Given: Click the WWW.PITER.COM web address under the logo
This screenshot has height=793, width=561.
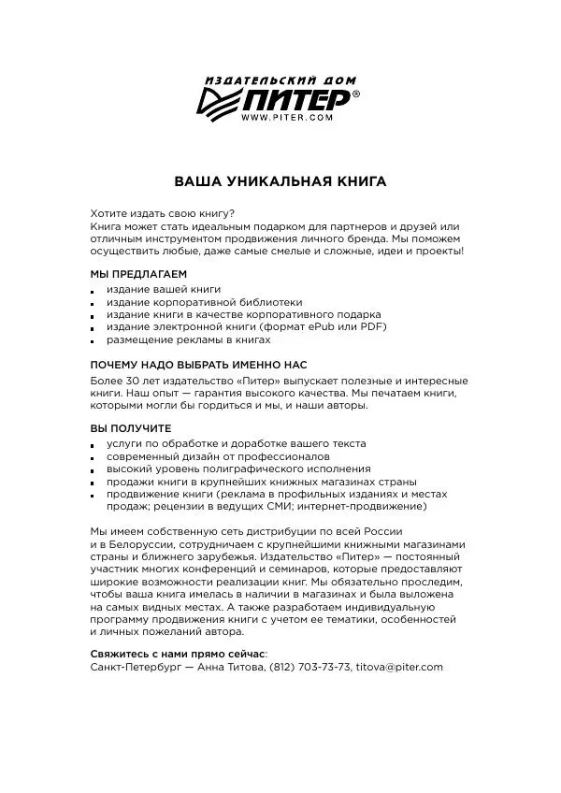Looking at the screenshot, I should [x=287, y=118].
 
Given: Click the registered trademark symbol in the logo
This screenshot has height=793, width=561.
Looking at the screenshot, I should [x=354, y=94].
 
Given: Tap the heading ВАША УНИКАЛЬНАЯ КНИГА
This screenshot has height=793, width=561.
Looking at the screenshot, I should [x=280, y=180].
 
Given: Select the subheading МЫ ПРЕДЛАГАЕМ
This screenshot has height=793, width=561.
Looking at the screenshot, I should [x=125, y=274].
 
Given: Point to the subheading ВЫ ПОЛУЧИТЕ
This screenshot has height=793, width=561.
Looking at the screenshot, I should [x=118, y=427].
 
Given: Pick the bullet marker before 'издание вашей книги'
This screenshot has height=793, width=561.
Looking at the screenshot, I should [x=93, y=292].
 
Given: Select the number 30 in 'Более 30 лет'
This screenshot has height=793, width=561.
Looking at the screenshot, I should [x=137, y=382].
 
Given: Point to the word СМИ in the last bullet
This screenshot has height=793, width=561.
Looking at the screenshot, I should [x=312, y=507].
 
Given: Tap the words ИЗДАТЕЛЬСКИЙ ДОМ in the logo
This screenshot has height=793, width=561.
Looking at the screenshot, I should [x=281, y=80].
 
